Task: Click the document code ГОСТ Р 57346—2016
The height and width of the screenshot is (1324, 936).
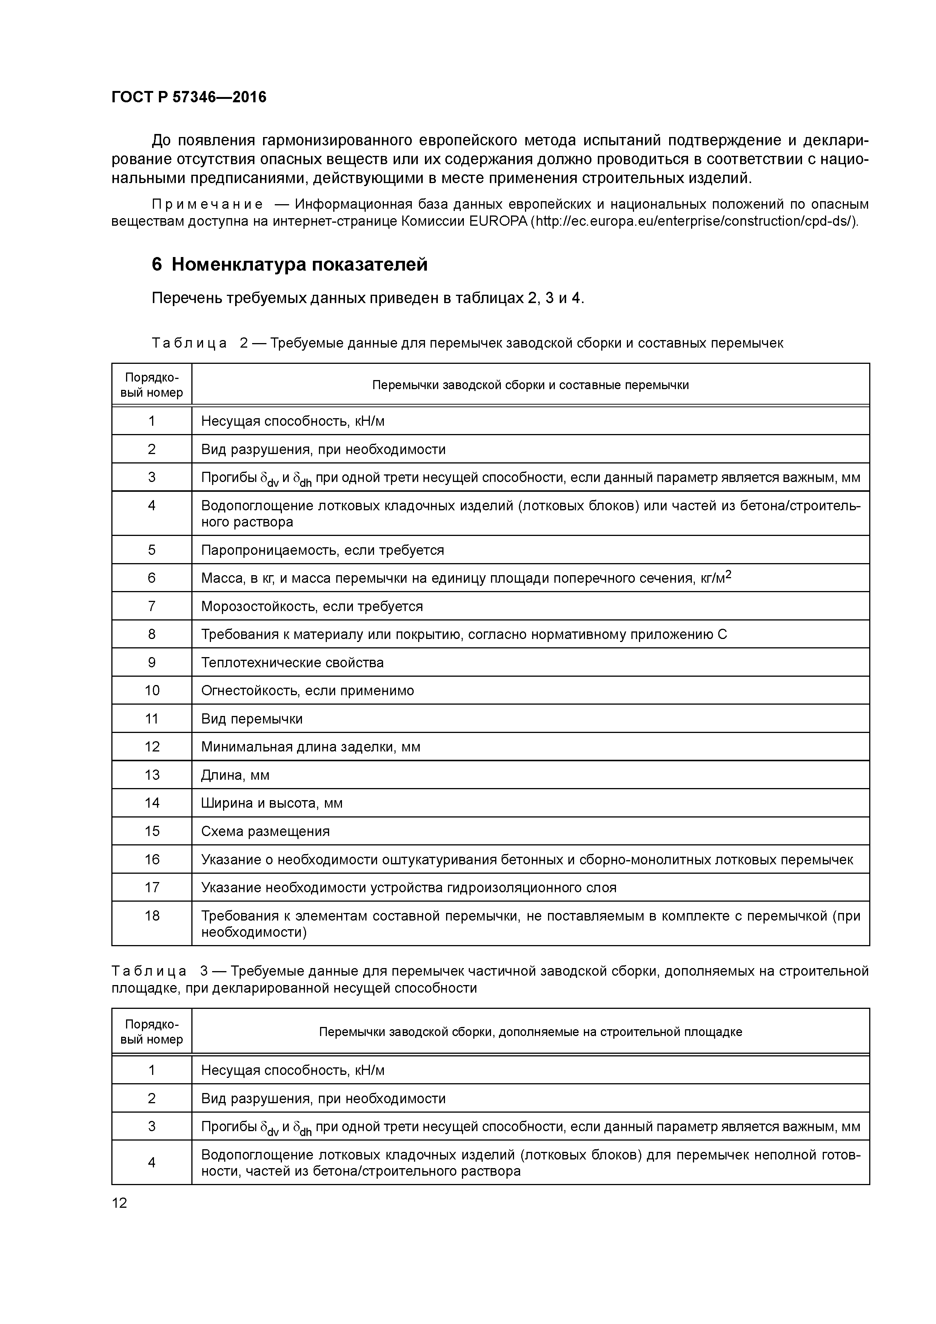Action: (189, 97)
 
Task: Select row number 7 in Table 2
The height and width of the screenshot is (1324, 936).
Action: (152, 606)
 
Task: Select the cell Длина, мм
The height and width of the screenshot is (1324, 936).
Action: (235, 775)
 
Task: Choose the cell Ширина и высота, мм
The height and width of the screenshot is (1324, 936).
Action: (272, 803)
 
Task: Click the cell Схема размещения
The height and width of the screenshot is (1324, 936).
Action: (265, 831)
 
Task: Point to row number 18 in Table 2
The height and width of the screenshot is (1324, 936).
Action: (152, 916)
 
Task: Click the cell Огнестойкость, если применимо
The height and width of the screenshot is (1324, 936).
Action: (307, 691)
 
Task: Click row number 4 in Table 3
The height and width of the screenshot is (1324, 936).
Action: (152, 1162)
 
